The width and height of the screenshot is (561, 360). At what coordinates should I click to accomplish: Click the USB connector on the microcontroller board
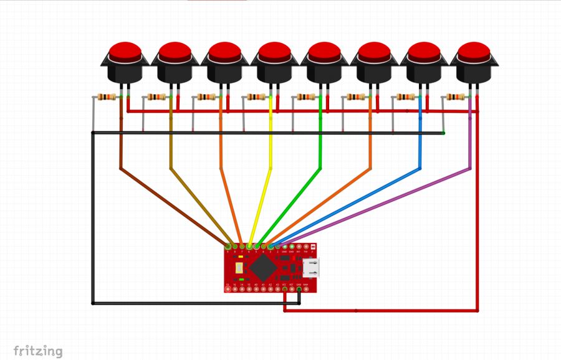[311, 268]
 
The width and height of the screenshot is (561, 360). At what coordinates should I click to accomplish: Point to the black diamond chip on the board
[264, 267]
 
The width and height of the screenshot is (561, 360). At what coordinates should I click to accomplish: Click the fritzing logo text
[38, 351]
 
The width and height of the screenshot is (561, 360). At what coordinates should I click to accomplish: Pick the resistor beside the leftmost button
[107, 97]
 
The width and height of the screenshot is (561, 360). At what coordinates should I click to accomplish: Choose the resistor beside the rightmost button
[456, 97]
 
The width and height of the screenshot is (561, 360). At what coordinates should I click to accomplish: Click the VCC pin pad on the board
[285, 289]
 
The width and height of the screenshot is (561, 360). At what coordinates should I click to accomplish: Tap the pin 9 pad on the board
[228, 247]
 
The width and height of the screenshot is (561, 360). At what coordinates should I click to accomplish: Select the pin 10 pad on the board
[228, 289]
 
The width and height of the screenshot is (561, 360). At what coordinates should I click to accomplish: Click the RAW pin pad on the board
[306, 289]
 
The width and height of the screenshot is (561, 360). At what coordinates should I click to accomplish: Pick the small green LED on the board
[241, 280]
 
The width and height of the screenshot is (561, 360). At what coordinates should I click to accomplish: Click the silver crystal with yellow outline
[239, 268]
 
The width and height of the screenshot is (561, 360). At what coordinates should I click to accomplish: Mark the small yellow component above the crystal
[241, 257]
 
